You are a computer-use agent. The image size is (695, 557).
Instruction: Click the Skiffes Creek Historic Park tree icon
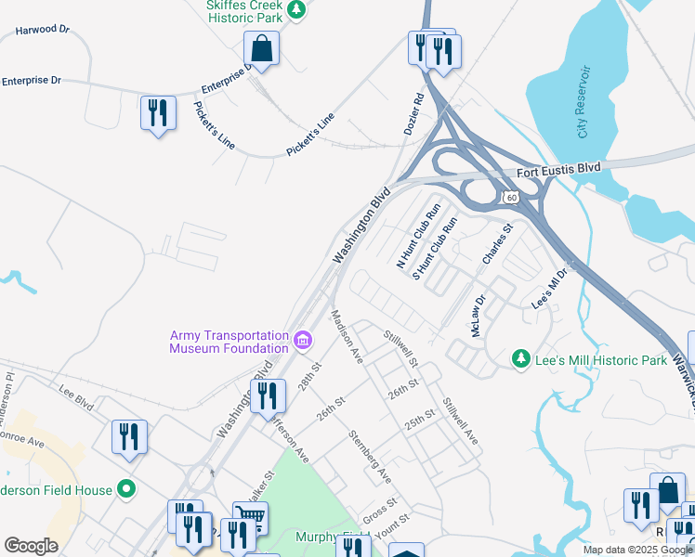click(296, 10)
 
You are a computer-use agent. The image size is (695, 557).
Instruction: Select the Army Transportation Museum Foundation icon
click(302, 342)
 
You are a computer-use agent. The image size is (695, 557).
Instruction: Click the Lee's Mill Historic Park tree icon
click(522, 358)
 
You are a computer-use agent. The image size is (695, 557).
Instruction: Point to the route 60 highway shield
click(511, 198)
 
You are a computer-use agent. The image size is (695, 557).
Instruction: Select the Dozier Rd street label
click(414, 113)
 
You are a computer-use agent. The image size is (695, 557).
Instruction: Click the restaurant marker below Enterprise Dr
click(158, 113)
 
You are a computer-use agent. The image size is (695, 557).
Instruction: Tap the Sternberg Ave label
click(369, 456)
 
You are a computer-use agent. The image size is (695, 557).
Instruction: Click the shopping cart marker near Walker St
click(249, 516)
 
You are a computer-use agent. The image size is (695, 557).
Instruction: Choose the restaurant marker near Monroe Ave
click(129, 438)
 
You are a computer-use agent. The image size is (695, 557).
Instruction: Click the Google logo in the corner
click(31, 546)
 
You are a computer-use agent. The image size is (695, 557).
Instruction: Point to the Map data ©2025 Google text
click(636, 550)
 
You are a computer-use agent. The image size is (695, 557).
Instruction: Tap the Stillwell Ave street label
click(460, 421)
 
